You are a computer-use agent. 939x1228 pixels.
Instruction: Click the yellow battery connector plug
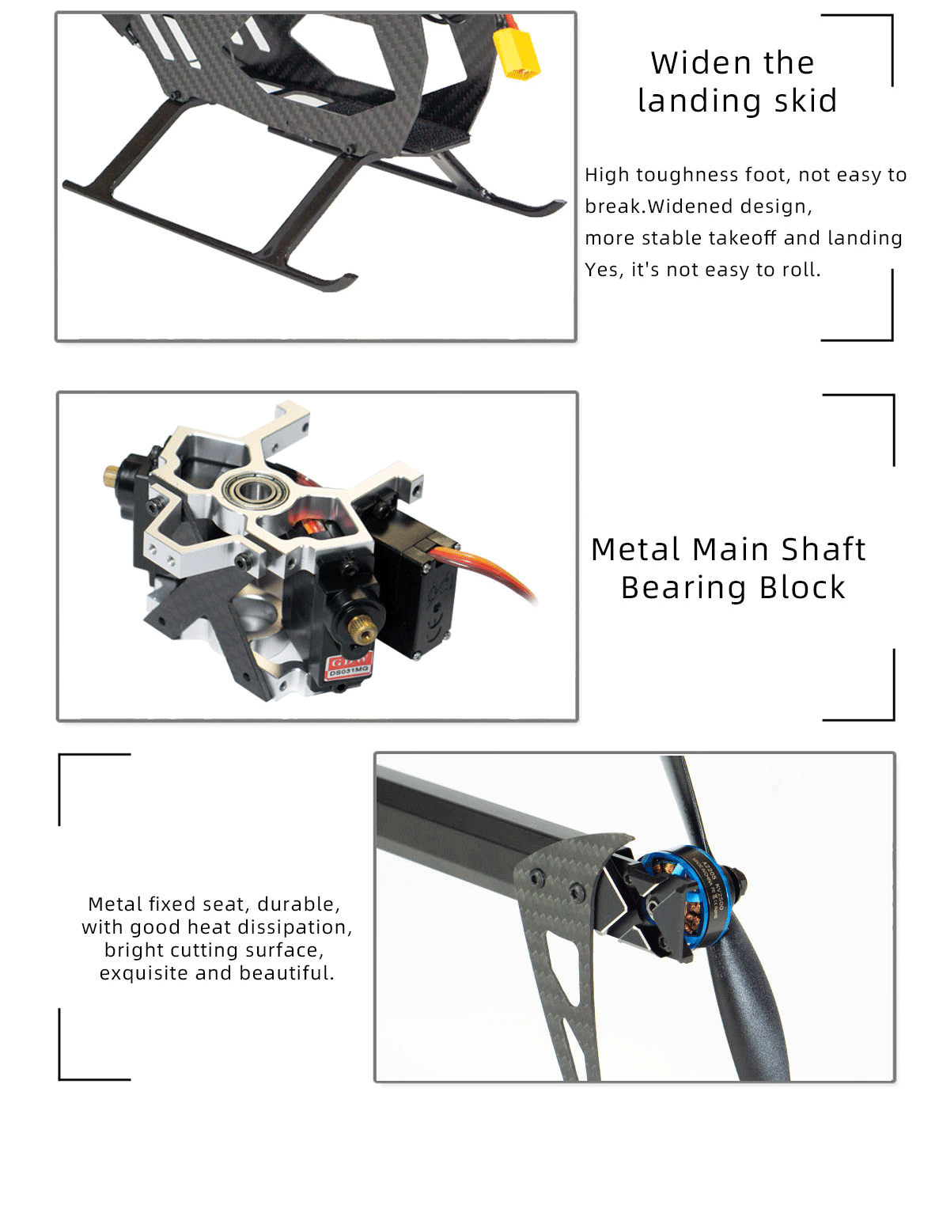517,53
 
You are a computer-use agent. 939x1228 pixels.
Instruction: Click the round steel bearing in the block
255,491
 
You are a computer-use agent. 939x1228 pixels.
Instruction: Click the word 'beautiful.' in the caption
286,973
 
